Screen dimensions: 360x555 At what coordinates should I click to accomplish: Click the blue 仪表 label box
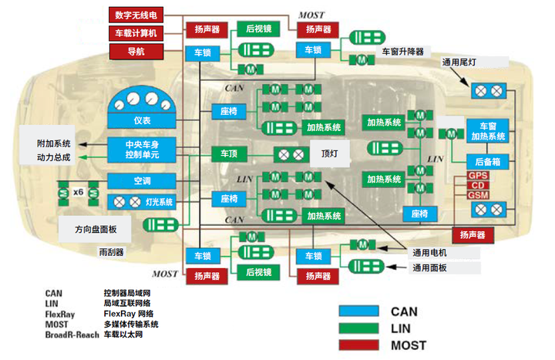(x=141, y=121)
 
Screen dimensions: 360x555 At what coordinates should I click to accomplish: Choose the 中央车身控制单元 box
(x=141, y=150)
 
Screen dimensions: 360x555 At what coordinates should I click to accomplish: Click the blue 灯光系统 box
(x=141, y=202)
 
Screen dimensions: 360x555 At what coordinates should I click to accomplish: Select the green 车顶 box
(x=229, y=153)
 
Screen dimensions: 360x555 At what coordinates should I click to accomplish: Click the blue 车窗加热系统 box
(x=487, y=131)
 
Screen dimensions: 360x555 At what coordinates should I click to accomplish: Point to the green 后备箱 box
(x=487, y=163)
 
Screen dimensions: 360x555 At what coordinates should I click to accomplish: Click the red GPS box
(x=477, y=176)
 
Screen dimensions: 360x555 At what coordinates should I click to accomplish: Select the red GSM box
(x=477, y=196)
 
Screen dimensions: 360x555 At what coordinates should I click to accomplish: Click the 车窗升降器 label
(x=403, y=52)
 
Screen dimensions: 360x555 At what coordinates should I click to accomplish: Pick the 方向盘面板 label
(x=96, y=229)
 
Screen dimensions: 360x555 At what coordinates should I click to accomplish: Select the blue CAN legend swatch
(x=359, y=311)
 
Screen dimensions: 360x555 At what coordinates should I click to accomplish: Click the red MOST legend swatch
(x=359, y=345)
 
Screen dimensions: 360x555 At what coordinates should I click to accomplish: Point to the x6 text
(x=78, y=190)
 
